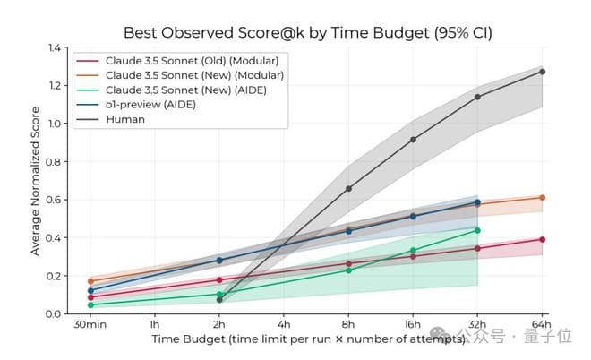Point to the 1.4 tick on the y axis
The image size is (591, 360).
56,47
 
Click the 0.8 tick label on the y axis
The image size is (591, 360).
56,161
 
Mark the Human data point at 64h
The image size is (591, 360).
542,72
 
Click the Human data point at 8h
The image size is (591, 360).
348,189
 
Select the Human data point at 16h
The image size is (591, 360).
413,140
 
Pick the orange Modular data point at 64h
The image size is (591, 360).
542,197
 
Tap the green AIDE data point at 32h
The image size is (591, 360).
477,230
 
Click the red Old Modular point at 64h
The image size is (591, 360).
542,239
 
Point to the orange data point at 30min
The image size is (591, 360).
90,281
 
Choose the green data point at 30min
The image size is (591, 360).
90,304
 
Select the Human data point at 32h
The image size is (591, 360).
477,97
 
